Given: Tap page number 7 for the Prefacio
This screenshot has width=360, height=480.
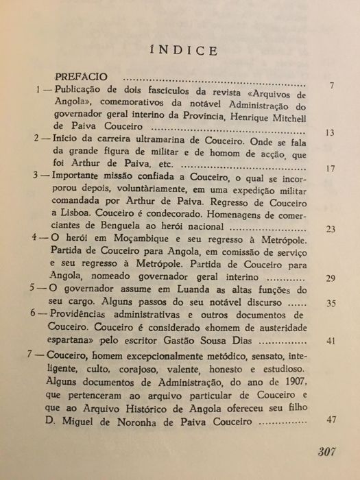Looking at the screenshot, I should [x=332, y=86].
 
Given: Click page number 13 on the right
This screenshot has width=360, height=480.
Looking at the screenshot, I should [x=331, y=133].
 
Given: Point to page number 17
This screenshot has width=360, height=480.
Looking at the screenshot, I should [x=331, y=169].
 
